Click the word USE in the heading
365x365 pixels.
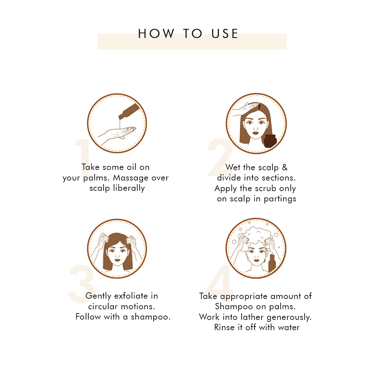(x=225, y=34)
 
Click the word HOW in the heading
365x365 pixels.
(x=156, y=34)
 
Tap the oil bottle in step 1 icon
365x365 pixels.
(x=129, y=111)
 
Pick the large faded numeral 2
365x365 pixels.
(x=220, y=157)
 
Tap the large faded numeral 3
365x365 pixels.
(x=82, y=284)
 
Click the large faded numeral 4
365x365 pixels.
(x=219, y=283)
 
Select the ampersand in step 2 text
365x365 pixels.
(x=285, y=167)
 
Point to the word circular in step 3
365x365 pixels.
(x=103, y=306)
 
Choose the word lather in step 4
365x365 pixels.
(x=252, y=317)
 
